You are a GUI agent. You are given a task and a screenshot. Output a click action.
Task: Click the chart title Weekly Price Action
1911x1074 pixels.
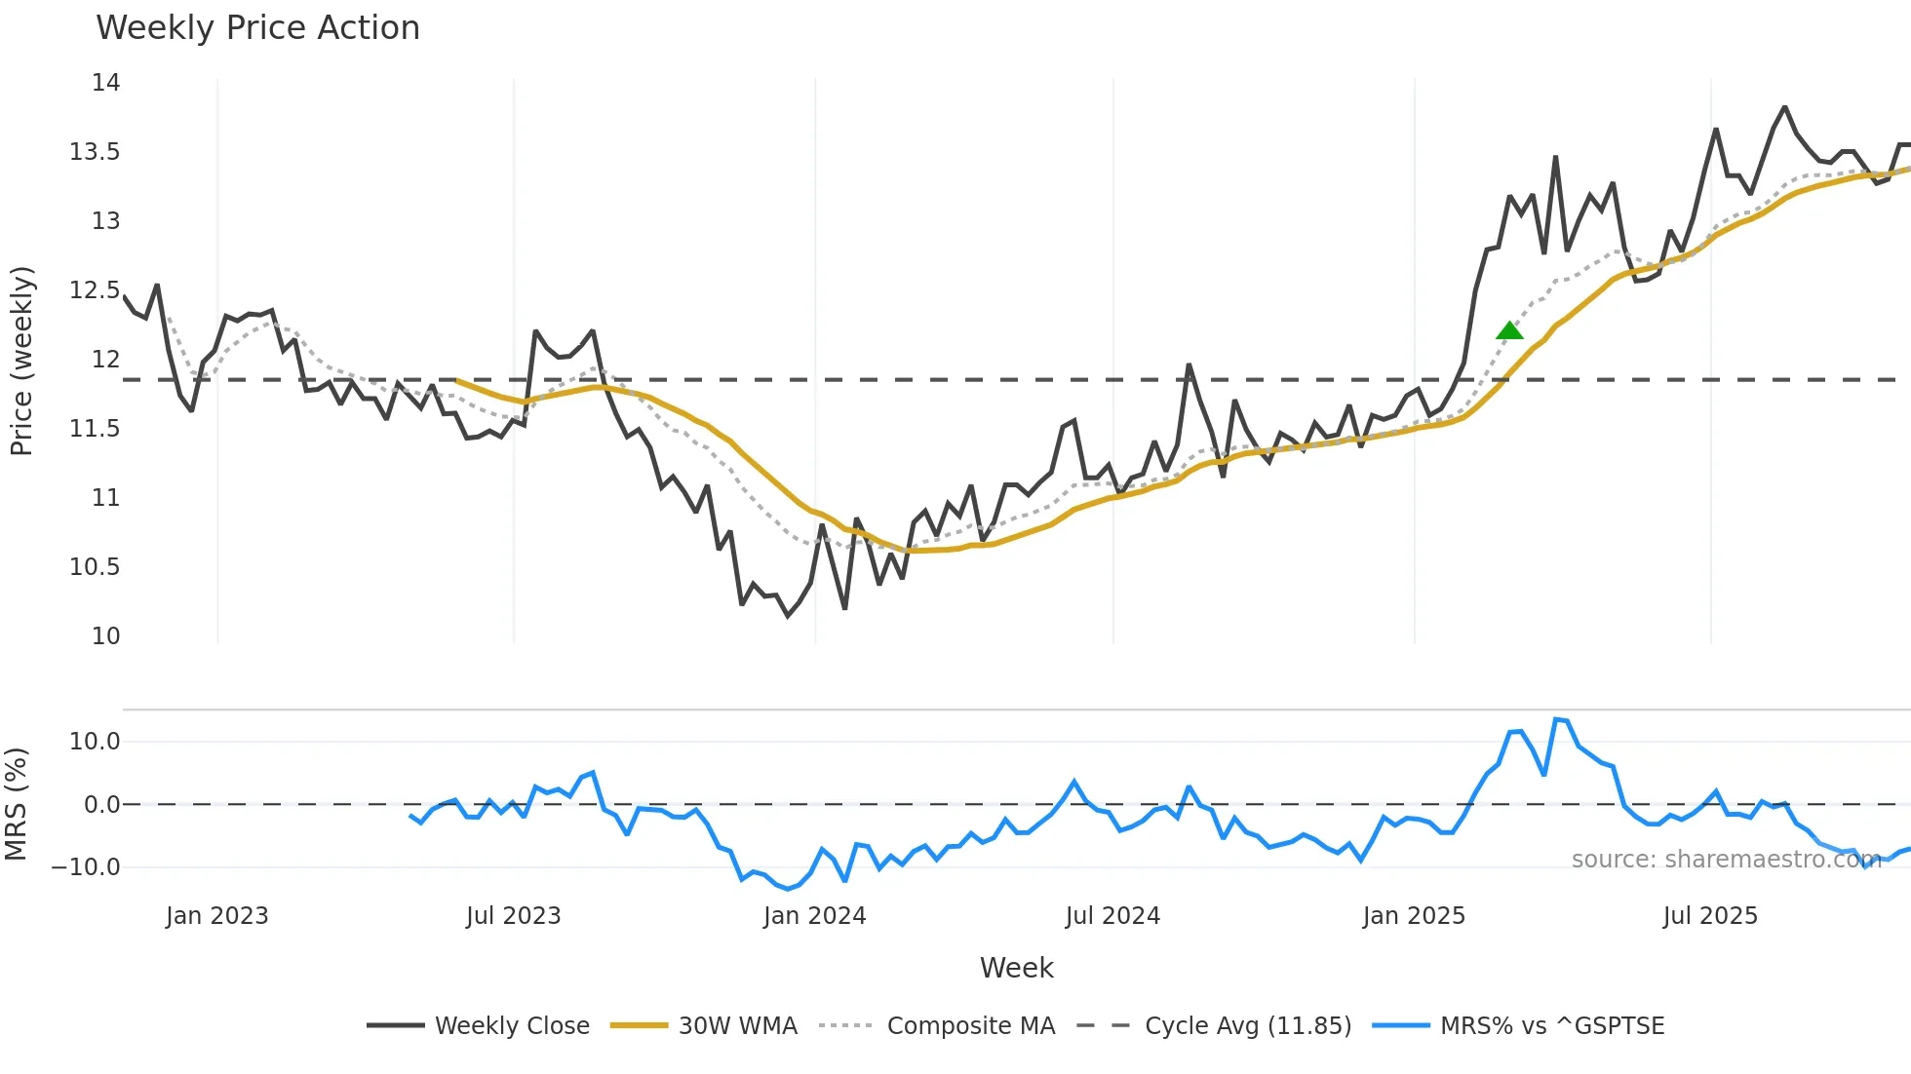point(257,28)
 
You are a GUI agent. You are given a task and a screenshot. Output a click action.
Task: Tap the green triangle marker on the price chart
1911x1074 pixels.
point(1509,331)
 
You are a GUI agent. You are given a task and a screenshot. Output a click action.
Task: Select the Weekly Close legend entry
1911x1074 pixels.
point(479,1025)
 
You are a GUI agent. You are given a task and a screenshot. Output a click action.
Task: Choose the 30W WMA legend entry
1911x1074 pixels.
point(704,1025)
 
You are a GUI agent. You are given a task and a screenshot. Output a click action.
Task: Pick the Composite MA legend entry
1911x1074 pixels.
point(937,1025)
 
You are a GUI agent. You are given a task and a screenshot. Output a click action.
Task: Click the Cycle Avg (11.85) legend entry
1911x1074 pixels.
point(1214,1025)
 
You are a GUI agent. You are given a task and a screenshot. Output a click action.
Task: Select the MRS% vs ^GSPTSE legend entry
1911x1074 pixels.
point(1518,1025)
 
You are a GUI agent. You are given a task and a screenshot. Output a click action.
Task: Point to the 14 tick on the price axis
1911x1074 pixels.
point(106,83)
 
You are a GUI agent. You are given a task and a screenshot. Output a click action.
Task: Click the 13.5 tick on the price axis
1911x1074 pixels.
point(95,152)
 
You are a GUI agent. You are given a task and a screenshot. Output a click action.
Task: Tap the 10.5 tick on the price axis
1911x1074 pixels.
point(95,567)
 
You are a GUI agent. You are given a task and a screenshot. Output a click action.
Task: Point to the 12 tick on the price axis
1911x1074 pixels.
point(106,360)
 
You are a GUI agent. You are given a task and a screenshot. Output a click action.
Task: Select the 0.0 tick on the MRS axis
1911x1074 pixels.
point(102,805)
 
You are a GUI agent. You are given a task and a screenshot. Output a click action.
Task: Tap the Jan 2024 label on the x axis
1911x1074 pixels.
point(814,916)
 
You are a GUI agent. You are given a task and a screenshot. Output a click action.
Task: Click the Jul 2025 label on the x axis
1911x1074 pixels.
point(1710,916)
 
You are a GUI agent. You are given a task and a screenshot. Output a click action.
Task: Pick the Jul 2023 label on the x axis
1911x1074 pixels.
point(513,916)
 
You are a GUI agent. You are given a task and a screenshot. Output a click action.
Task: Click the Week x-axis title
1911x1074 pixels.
point(1016,968)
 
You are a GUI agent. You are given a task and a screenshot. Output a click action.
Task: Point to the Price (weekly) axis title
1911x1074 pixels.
point(21,361)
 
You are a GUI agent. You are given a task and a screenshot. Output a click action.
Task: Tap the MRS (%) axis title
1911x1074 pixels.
point(17,804)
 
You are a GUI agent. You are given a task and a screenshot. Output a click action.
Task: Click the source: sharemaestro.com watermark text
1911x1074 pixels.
point(1726,860)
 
